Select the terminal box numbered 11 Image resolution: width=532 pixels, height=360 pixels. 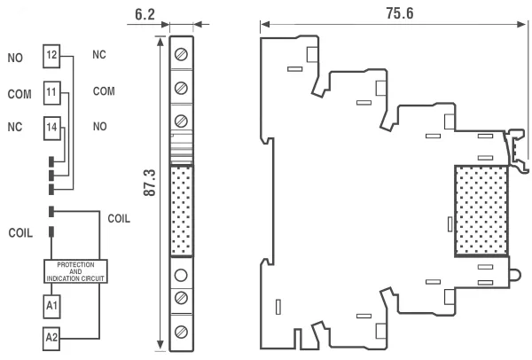[52, 92]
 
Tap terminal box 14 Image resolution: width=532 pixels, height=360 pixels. [52, 129]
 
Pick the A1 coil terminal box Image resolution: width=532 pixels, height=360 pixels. [52, 305]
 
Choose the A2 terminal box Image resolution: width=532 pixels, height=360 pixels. [52, 337]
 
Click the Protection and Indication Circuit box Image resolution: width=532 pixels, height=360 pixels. [74, 271]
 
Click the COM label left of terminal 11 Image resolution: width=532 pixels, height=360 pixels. [19, 92]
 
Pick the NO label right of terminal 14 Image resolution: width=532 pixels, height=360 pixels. [100, 128]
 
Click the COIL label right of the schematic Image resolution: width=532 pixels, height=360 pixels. [120, 218]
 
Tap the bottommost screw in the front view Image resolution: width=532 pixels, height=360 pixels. [181, 332]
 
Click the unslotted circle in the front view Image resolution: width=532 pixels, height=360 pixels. [181, 273]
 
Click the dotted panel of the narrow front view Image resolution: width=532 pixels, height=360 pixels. [181, 210]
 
